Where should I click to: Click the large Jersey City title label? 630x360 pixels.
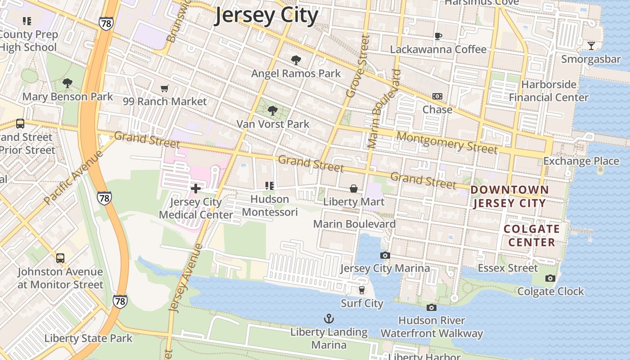266,16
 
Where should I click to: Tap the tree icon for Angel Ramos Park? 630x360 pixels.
296,60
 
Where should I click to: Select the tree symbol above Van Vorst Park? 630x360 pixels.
272,111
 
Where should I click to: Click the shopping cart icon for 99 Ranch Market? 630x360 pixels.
165,89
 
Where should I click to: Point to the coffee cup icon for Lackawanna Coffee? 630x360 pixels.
438,36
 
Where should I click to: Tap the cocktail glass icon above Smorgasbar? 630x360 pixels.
591,46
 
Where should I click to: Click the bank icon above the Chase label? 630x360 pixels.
437,96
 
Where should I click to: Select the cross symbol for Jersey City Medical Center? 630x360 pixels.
196,189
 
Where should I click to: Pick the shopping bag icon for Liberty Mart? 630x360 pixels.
354,189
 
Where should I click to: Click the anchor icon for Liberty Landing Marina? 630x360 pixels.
329,319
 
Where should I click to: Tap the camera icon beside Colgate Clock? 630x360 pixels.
550,279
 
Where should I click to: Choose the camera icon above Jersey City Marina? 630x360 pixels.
385,256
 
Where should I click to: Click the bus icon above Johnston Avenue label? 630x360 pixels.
60,258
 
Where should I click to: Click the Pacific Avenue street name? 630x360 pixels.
74,177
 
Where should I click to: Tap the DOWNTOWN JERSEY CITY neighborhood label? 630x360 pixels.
510,197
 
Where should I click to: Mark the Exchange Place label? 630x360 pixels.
581,161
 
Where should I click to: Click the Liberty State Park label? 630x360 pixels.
88,338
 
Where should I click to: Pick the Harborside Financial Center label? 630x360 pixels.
549,91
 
